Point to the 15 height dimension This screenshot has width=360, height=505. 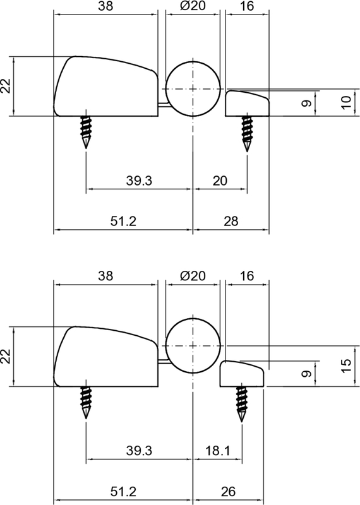pos(345,364)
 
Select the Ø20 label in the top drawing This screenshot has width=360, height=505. pos(193,6)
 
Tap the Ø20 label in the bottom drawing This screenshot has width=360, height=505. pos(193,276)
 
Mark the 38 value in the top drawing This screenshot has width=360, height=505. pos(105,6)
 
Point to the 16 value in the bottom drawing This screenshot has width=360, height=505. pos(247,276)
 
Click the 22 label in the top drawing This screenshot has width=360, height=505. pos(6,86)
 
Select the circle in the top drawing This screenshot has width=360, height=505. pos(193,89)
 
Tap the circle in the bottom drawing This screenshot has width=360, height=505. pos(193,347)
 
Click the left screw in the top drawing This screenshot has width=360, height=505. pos(85,131)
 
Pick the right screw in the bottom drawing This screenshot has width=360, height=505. pos(242,403)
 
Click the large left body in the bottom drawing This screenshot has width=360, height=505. pos(105,359)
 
